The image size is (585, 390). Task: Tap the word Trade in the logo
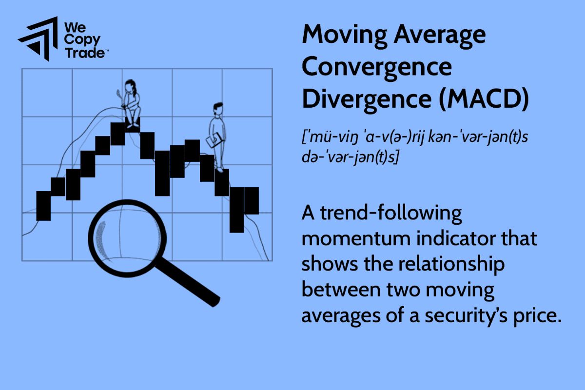click(x=84, y=53)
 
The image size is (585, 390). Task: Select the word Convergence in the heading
click(x=376, y=68)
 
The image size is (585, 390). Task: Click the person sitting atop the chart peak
click(x=131, y=102)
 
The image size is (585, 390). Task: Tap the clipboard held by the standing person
click(x=213, y=142)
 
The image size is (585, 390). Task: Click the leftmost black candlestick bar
click(x=43, y=206)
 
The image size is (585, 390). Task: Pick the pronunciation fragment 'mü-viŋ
click(x=324, y=137)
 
